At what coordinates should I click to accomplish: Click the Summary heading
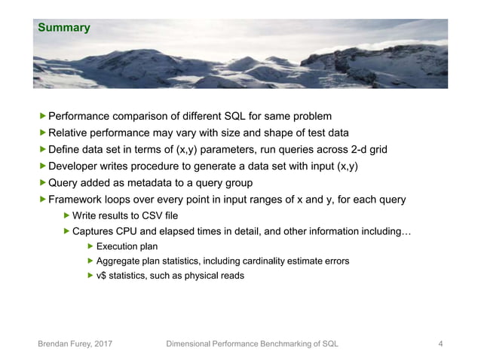pos(64,29)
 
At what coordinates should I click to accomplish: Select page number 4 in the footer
pos(440,344)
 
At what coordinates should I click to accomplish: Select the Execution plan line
pos(127,246)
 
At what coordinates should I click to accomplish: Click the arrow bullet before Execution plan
pos(90,246)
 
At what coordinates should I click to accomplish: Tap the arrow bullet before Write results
pos(66,216)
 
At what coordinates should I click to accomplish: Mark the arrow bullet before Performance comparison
pos(42,116)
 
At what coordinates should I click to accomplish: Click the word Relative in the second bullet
pos(70,133)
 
